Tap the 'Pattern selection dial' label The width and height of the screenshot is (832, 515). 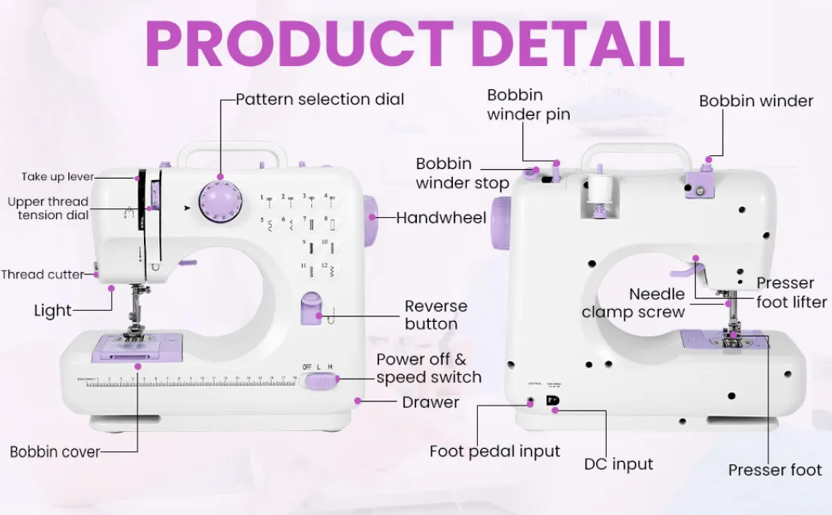click(x=319, y=100)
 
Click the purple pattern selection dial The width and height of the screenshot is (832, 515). click(x=220, y=198)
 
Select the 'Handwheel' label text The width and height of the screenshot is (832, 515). click(x=441, y=218)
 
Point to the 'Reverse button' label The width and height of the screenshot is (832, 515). click(x=435, y=315)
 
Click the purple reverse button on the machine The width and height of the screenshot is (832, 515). click(x=311, y=309)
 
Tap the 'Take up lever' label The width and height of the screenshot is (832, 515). click(x=58, y=177)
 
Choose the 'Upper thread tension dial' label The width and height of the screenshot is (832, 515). click(x=48, y=208)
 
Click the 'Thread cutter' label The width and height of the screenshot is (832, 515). click(x=42, y=274)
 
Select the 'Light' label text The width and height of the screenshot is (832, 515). click(x=53, y=311)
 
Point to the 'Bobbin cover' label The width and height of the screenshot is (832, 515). click(x=55, y=451)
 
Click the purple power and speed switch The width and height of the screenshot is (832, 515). click(x=323, y=380)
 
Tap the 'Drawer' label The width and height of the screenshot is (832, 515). click(x=430, y=402)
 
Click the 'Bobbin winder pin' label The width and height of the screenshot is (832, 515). click(x=528, y=105)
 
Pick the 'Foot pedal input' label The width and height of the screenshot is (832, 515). click(x=495, y=451)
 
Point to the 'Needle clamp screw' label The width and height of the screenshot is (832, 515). click(x=633, y=303)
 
